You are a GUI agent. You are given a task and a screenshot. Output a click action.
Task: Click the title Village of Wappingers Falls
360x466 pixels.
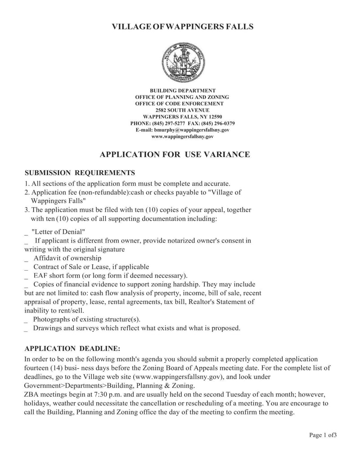click(182, 27)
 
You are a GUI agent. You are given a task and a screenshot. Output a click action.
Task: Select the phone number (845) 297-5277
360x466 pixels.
click(172, 123)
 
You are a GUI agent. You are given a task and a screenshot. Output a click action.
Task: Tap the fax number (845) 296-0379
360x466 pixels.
click(218, 123)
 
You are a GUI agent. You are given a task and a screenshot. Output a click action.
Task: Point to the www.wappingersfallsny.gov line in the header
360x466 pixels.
click(182, 136)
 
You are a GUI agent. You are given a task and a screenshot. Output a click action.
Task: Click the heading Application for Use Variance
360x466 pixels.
click(175, 155)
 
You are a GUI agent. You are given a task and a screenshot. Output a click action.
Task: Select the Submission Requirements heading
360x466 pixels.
click(80, 173)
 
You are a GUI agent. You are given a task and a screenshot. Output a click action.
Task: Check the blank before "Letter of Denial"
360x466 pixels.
click(26, 232)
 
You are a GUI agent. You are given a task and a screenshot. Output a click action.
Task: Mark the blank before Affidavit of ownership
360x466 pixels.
click(26, 259)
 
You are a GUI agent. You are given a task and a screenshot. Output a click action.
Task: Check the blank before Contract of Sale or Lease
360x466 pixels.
click(26, 267)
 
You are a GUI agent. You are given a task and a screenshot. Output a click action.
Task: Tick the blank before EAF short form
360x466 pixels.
click(26, 276)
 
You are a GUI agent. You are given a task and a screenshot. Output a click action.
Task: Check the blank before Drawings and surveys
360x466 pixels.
click(26, 329)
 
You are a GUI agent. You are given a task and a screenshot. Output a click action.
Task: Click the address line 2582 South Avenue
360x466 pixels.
click(182, 110)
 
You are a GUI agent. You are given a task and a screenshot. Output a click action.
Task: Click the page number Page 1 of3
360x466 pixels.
click(323, 435)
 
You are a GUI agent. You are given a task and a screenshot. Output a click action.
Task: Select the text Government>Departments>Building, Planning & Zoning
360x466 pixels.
click(109, 386)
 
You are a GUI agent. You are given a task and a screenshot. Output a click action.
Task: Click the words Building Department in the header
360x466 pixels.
click(182, 90)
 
